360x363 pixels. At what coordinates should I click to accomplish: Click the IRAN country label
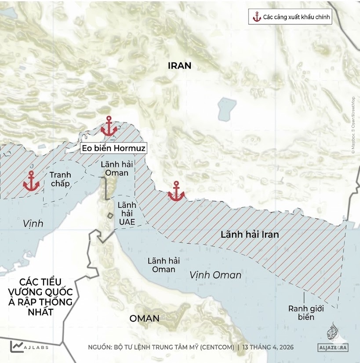pos(180,66)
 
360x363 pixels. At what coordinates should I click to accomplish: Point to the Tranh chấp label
pos(60,179)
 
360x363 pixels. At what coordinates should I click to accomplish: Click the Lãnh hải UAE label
pos(127,213)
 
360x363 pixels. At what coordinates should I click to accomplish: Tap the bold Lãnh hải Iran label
pos(250,235)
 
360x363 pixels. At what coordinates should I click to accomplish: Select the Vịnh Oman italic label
pos(215,275)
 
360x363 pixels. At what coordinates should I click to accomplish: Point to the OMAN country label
pos(144,318)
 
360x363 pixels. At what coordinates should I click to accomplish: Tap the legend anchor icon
pos(257,18)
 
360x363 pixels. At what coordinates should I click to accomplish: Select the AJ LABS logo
pos(29,346)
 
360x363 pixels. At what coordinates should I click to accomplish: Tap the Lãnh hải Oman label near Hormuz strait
pos(114,168)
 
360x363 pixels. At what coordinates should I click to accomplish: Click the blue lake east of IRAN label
pos(226,109)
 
